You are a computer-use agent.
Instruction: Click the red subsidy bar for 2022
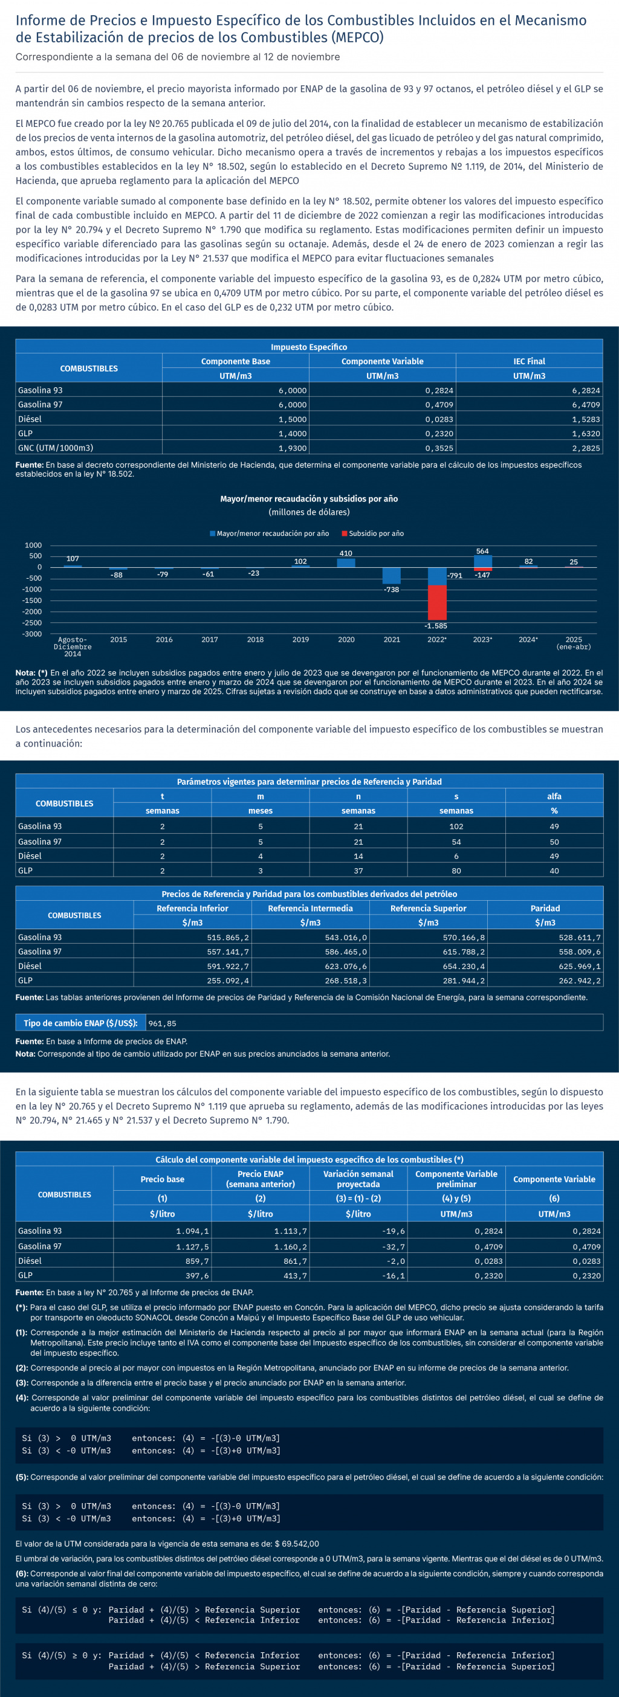[436, 602]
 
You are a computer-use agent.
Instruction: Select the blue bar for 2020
[346, 562]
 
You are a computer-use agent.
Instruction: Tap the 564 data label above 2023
[482, 552]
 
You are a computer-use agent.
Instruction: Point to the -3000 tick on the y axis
[33, 634]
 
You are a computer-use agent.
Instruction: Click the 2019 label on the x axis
[300, 640]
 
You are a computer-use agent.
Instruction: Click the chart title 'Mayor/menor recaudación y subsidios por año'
[308, 498]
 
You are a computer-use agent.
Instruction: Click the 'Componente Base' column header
[235, 361]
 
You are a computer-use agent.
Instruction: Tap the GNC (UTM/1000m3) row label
[56, 448]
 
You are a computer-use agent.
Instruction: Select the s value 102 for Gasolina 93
[456, 826]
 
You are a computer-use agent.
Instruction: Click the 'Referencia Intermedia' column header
[310, 909]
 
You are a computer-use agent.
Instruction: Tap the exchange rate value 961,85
[162, 1023]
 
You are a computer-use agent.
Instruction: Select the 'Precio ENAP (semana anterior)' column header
[261, 1179]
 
